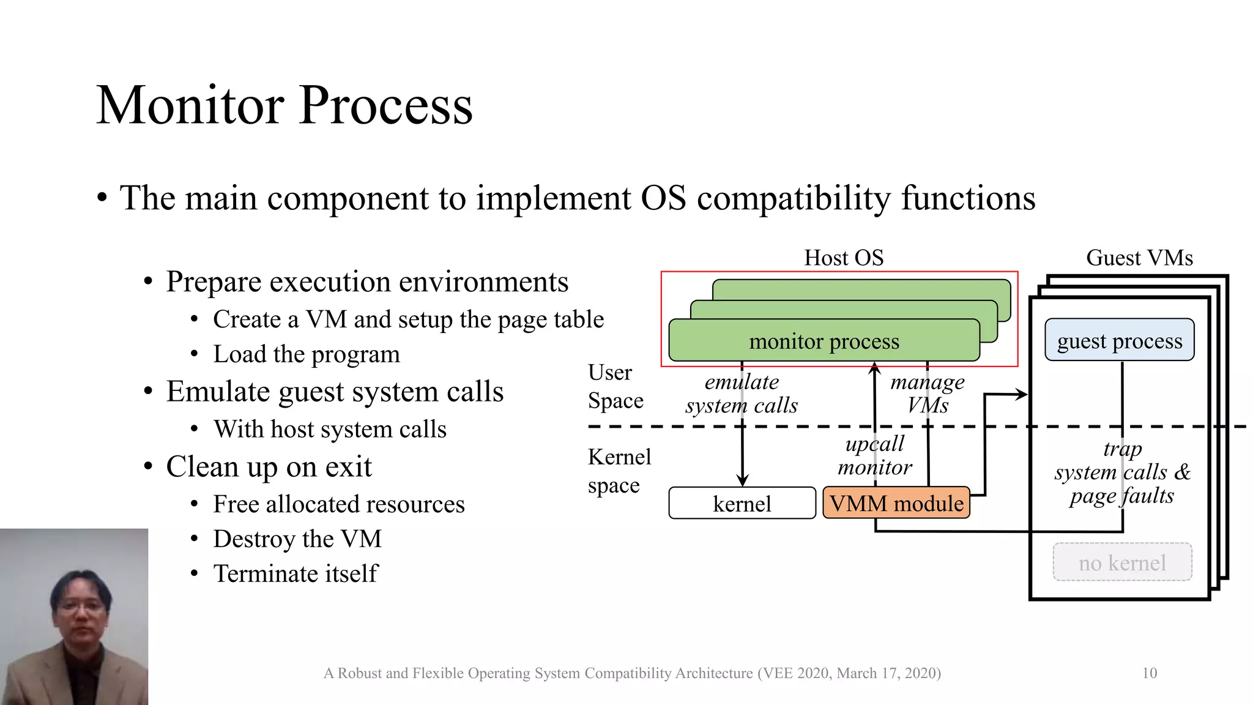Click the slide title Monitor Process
coord(284,105)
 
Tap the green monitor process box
coord(824,341)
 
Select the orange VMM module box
coord(896,503)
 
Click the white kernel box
coord(742,504)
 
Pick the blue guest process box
coord(1119,340)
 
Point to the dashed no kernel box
coord(1122,562)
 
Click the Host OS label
coord(844,258)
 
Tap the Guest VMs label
coord(1139,258)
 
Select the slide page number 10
coord(1149,673)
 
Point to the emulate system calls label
coord(742,394)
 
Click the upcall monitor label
coord(874,455)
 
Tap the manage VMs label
coord(928,394)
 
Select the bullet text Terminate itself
coord(296,574)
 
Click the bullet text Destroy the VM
coord(297,539)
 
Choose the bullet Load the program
coord(306,354)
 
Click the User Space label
coord(615,386)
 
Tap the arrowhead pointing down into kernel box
coord(742,481)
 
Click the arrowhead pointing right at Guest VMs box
coord(1022,395)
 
